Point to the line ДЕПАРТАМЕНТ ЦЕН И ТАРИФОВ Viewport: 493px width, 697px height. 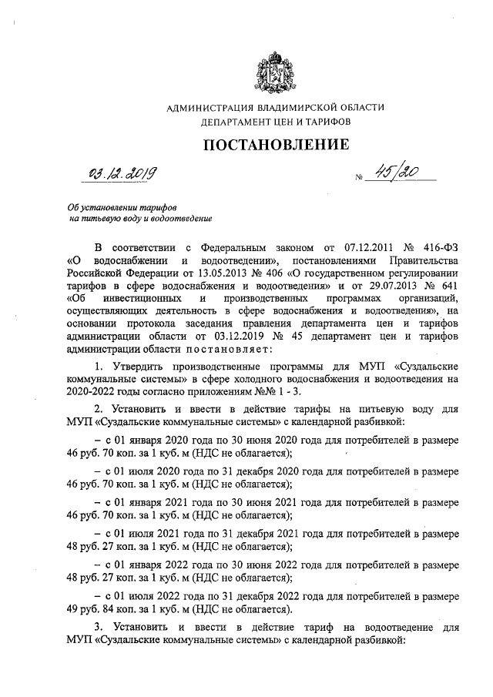(x=275, y=122)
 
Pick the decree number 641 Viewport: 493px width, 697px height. (x=448, y=286)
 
